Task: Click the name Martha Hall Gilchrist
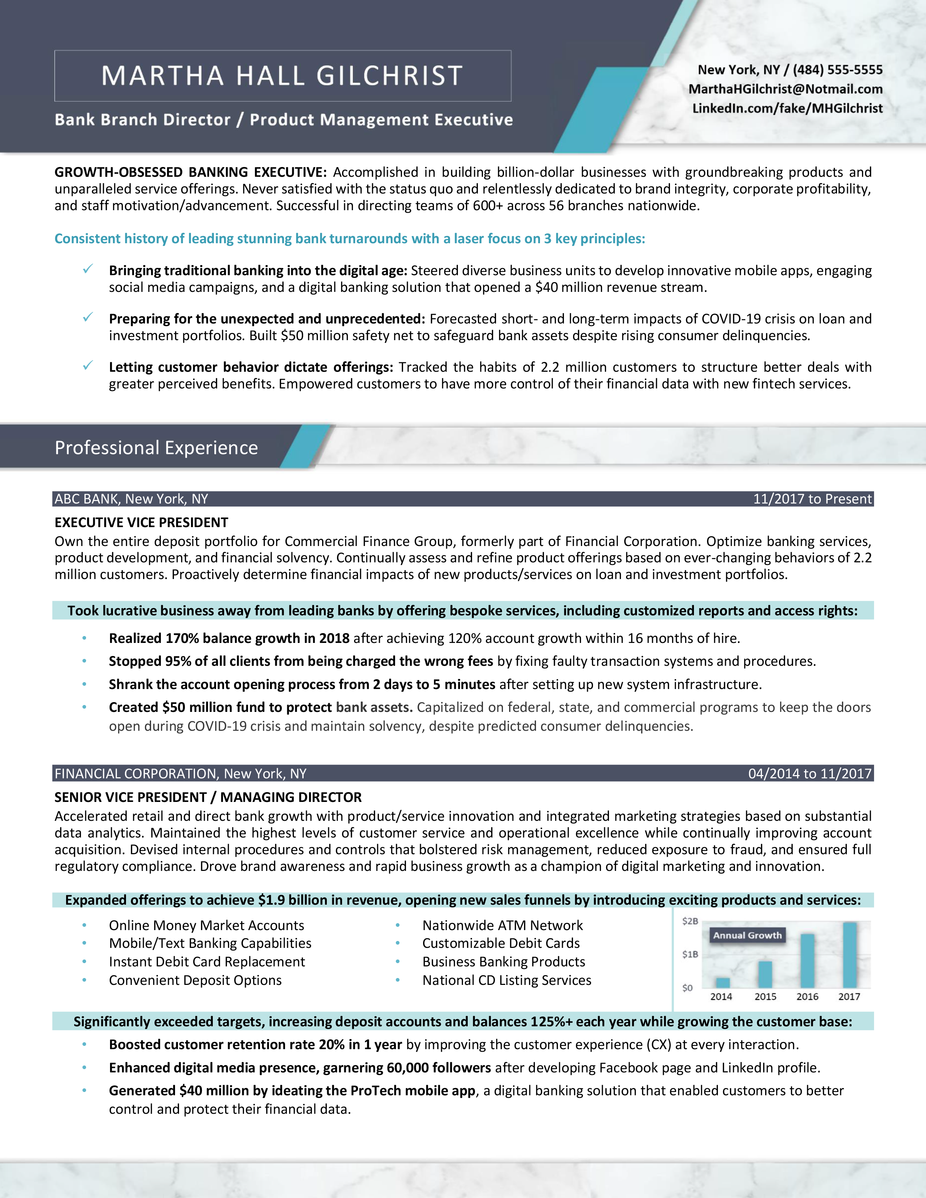click(283, 76)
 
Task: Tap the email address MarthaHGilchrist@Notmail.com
click(785, 89)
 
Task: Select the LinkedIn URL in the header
click(787, 108)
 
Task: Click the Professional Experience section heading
click(157, 448)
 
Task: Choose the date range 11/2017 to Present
click(812, 498)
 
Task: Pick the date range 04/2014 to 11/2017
click(810, 773)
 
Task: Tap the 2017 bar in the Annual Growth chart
click(850, 955)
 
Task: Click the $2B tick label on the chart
click(690, 921)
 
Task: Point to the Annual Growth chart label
click(747, 935)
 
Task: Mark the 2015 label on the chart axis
click(765, 997)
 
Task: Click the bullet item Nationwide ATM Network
click(503, 925)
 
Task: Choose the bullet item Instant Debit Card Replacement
click(207, 962)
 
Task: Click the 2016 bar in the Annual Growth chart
click(808, 961)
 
